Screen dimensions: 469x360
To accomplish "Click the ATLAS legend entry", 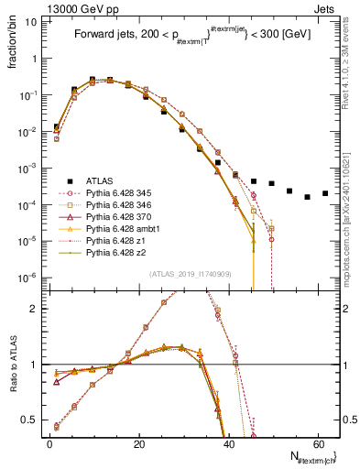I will [x=102, y=181].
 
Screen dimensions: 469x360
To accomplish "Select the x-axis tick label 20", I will [x=138, y=444].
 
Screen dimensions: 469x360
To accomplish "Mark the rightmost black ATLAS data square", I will [x=325, y=194].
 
